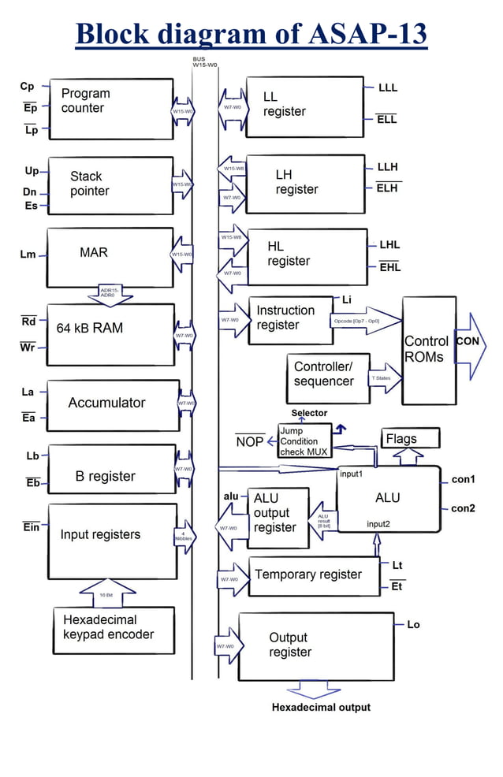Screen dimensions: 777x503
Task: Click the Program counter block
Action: [x=110, y=107]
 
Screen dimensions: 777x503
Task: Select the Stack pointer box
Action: [x=110, y=185]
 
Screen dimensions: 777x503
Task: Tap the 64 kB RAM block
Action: [x=110, y=334]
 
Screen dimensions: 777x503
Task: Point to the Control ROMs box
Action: [x=428, y=349]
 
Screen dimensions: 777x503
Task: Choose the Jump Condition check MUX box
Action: [x=304, y=441]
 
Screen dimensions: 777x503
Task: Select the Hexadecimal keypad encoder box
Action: [x=114, y=629]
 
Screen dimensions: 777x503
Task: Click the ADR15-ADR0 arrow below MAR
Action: [x=110, y=296]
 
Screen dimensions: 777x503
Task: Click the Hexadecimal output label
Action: [x=321, y=707]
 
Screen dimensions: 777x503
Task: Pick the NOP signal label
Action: [x=249, y=441]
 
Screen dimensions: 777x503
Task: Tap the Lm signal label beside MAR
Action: [x=27, y=255]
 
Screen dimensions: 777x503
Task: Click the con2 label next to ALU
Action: [x=463, y=508]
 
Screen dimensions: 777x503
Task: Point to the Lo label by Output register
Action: [x=413, y=624]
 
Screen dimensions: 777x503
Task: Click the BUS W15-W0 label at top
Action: [x=204, y=61]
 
